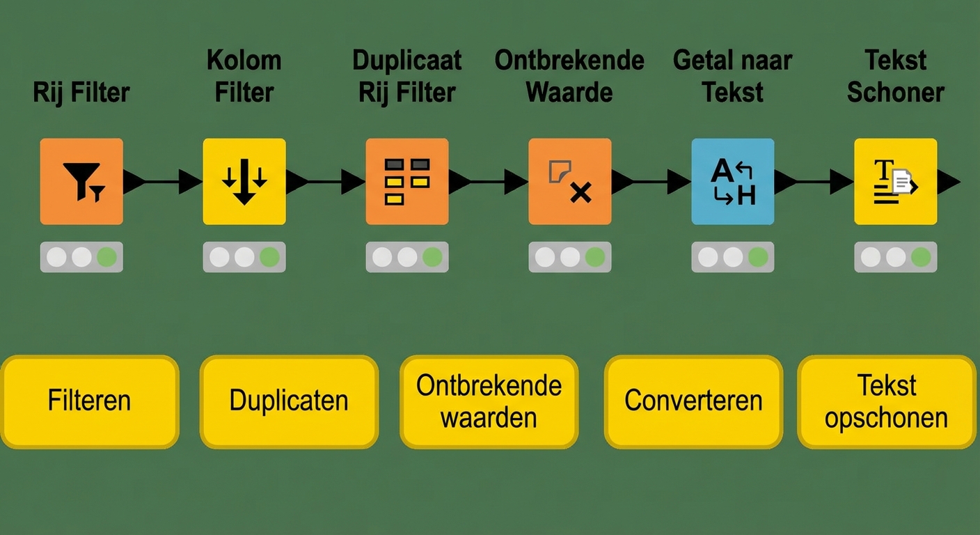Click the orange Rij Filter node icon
81,181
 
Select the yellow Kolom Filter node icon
244,181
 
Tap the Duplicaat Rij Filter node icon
407,181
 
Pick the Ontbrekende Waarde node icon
570,181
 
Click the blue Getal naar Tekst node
733,181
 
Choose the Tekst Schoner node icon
896,181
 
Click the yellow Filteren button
90,401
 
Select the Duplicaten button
289,401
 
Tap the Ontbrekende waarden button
489,401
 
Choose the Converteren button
693,401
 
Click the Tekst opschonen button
887,401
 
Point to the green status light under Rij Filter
106,257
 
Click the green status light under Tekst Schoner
921,257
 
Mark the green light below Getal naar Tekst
758,257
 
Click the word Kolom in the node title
244,61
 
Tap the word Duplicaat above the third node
407,61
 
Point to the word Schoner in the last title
896,92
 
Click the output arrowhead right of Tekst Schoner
948,182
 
